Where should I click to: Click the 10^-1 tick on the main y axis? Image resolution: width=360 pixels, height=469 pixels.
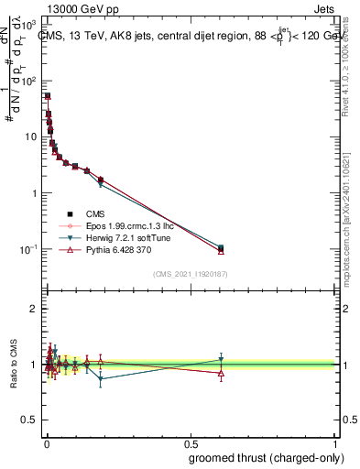(x=27, y=249)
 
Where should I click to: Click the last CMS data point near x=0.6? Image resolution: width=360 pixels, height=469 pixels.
(x=221, y=247)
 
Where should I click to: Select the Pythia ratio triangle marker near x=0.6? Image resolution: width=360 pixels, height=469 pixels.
(x=221, y=373)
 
